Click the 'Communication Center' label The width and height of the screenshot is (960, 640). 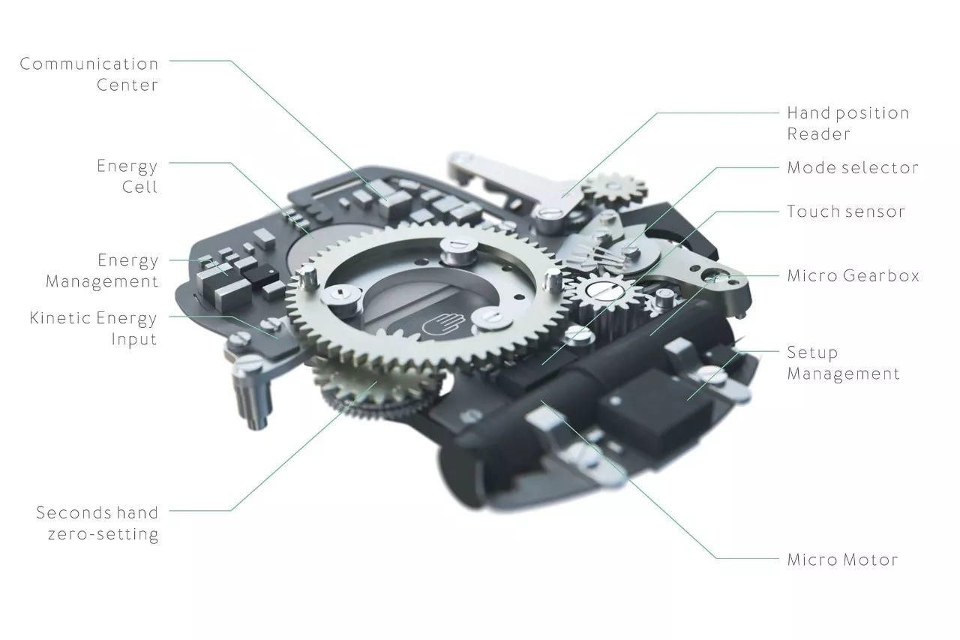[x=89, y=74]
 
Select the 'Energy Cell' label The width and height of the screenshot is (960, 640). [x=127, y=176]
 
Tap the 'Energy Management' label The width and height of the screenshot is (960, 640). [x=102, y=271]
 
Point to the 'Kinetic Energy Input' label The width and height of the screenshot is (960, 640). [x=94, y=329]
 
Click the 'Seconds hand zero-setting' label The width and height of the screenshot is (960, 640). [x=97, y=524]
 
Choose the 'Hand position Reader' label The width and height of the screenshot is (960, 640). [x=847, y=124]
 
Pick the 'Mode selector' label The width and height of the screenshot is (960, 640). [x=853, y=167]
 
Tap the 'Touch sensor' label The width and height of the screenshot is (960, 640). [x=845, y=212]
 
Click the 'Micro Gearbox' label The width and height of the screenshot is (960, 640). [x=853, y=275]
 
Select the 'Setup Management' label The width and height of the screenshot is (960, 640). [x=843, y=363]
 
